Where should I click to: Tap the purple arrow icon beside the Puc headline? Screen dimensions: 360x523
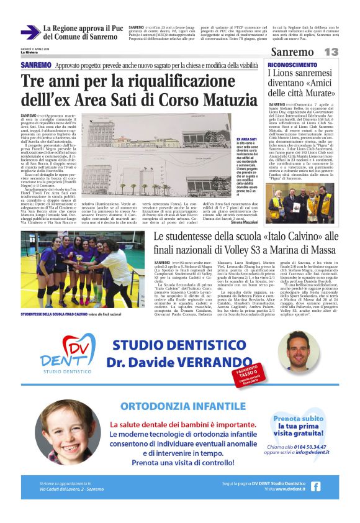29,32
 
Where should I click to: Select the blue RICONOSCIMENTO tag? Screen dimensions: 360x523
292,65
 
